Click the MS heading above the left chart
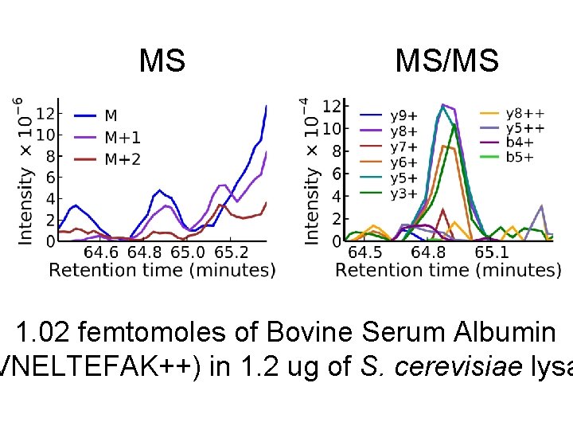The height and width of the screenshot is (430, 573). click(x=162, y=61)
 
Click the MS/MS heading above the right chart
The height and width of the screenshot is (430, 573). click(x=446, y=61)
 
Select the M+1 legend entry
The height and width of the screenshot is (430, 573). click(x=123, y=138)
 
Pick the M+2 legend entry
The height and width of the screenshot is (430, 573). click(x=123, y=160)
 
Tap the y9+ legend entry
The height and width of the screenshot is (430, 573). click(x=403, y=117)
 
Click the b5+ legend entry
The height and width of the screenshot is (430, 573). click(x=520, y=157)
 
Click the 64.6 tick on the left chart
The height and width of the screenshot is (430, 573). click(x=101, y=252)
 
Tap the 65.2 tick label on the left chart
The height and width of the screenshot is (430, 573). click(x=231, y=252)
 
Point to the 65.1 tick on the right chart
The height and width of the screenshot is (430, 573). click(x=492, y=252)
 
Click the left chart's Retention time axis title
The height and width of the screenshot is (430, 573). click(x=162, y=271)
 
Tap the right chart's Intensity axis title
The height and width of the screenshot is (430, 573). click(x=312, y=170)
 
